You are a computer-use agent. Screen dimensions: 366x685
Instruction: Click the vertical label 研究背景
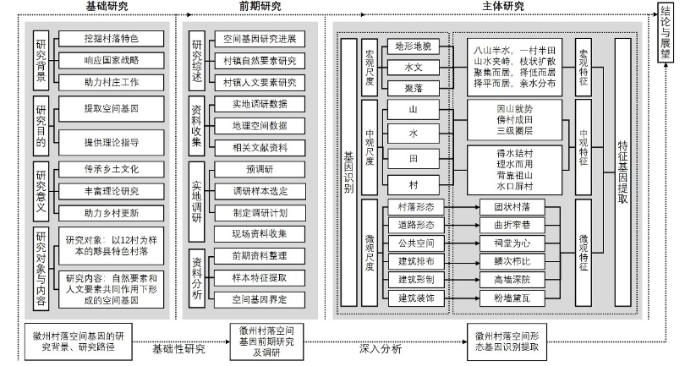click(41, 61)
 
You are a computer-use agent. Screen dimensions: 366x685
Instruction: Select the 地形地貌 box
click(414, 46)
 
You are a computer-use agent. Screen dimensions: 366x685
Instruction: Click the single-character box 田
click(414, 158)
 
